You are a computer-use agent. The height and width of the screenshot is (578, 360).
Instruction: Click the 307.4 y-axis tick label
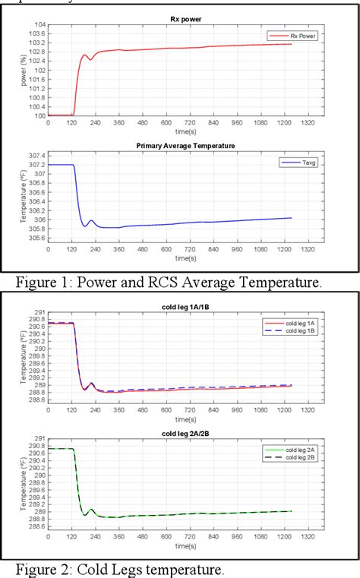38,155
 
